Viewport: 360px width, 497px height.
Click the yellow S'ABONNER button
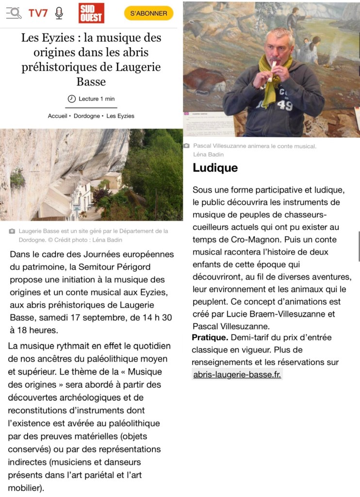coord(148,13)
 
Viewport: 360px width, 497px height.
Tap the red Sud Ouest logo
coord(91,13)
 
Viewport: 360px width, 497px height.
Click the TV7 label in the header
coord(38,13)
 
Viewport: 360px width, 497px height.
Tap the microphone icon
coord(59,13)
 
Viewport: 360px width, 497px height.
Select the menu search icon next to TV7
coord(14,13)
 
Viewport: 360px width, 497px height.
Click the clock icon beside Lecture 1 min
coord(72,99)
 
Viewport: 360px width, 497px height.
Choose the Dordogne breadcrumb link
coord(87,116)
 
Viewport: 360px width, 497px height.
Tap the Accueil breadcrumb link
coord(58,116)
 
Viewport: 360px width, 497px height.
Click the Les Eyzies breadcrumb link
coord(120,116)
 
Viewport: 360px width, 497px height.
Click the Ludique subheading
coord(215,168)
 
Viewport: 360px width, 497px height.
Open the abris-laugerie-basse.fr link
coord(237,375)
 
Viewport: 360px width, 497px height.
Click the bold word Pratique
coord(209,337)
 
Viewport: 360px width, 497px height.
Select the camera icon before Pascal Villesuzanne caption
coord(186,146)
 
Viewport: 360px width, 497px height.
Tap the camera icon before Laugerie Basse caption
coord(12,231)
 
